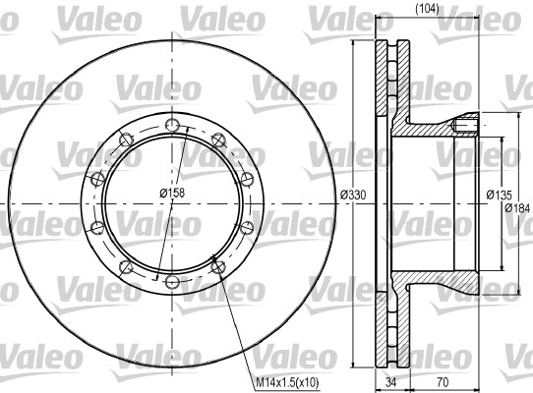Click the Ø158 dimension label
pyautogui.click(x=172, y=193)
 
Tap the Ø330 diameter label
pyautogui.click(x=353, y=195)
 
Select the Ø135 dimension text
pyautogui.click(x=499, y=195)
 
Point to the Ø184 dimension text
pyautogui.click(x=517, y=207)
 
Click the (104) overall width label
pyautogui.click(x=427, y=8)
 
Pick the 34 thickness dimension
pyautogui.click(x=391, y=382)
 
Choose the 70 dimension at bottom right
pyautogui.click(x=443, y=382)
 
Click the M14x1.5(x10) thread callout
pyautogui.click(x=287, y=383)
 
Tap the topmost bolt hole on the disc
pyautogui.click(x=172, y=125)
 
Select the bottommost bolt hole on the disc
pyautogui.click(x=172, y=281)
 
